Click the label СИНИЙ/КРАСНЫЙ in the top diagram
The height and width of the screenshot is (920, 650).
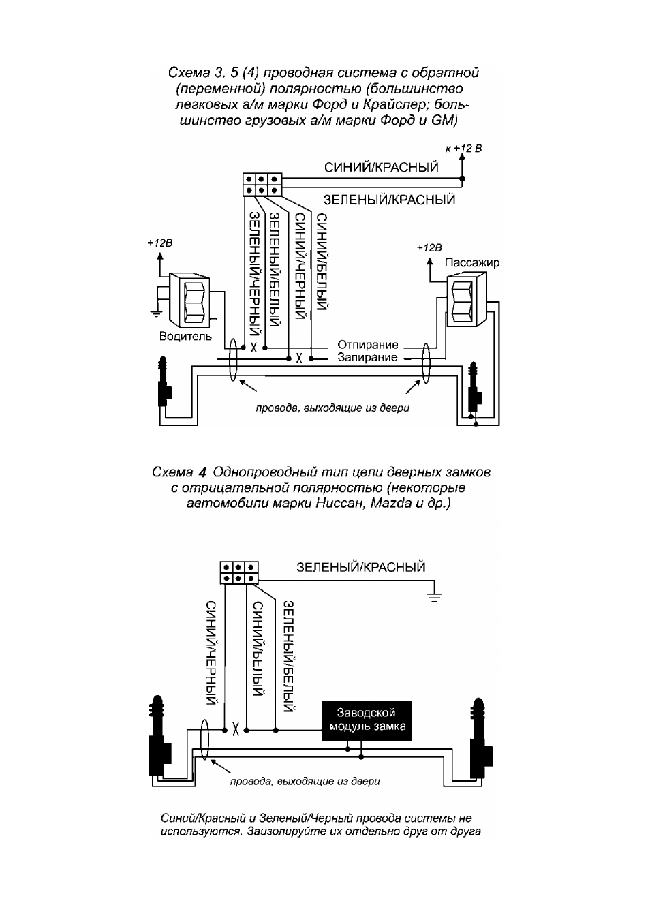(x=381, y=168)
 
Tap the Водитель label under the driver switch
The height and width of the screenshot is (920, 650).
(x=185, y=337)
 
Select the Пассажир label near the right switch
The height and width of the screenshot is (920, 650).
(x=472, y=262)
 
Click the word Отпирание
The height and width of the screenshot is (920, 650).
(x=368, y=344)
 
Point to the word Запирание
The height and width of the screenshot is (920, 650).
(x=367, y=357)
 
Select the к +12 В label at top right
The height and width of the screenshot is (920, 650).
(x=463, y=149)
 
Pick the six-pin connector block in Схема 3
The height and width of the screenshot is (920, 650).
(x=262, y=185)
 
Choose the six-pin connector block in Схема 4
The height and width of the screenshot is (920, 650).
(x=239, y=572)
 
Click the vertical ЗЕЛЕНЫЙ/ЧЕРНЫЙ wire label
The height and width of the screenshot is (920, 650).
(x=256, y=273)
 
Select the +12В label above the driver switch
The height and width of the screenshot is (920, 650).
(x=160, y=243)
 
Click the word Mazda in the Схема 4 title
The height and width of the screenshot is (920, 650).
(x=390, y=504)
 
